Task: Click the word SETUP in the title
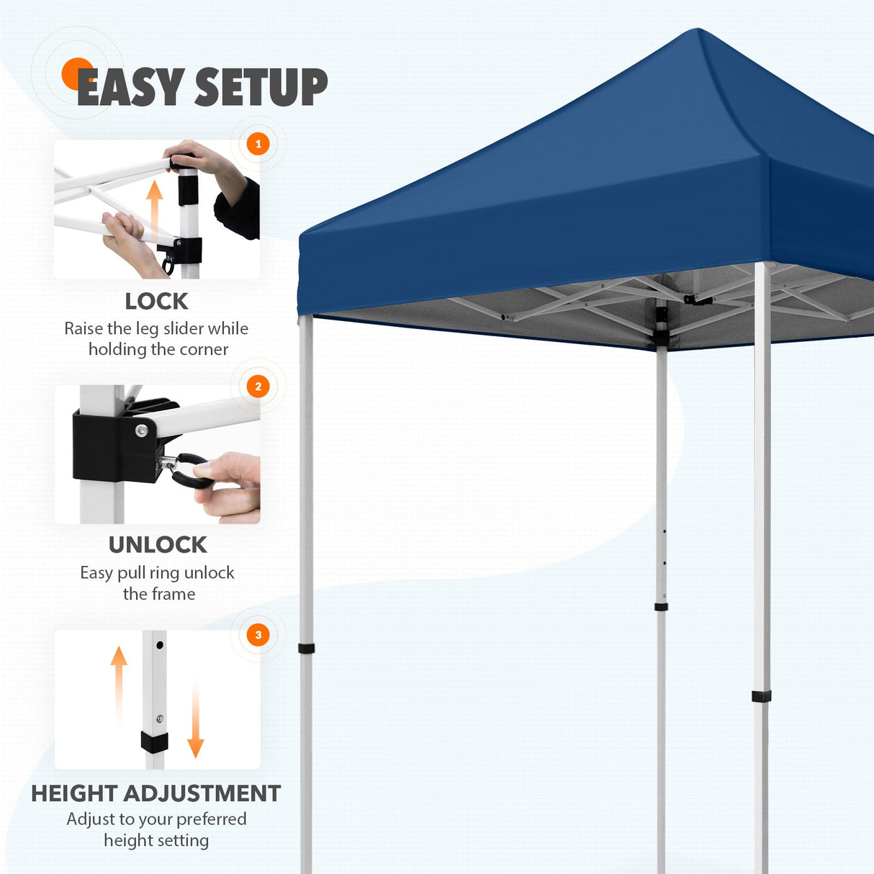coord(261,87)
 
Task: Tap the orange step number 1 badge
coord(258,144)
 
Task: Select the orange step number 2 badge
coord(258,387)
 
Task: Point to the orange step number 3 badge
coord(258,635)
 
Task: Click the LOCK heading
coord(156,301)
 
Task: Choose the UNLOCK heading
coord(158,545)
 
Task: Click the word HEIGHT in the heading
coord(74,793)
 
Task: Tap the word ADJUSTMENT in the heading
coord(202,793)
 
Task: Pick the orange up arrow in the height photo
coord(119,684)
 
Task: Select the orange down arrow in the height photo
coord(195,720)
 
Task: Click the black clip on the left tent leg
coord(307,648)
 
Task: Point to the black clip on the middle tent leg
coord(661,607)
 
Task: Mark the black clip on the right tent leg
coord(761,696)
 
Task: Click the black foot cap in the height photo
coord(154,742)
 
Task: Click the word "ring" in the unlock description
coord(165,573)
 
